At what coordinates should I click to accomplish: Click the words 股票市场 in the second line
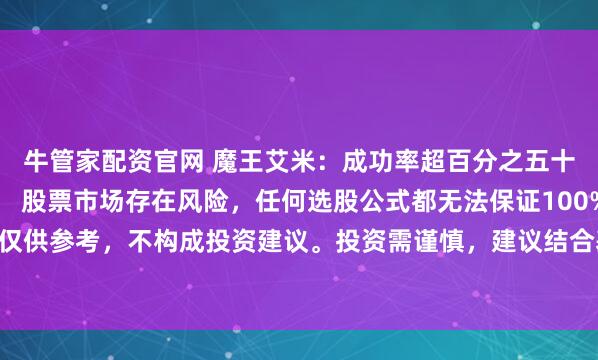[73, 198]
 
